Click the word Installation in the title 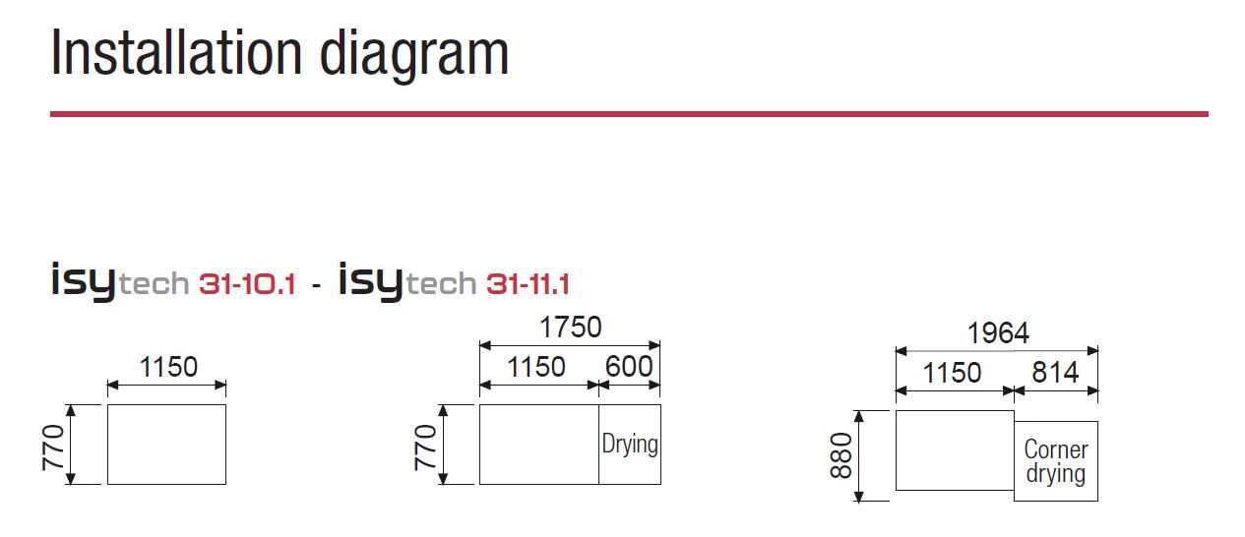click(177, 52)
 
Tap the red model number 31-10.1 click(247, 284)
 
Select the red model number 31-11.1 click(528, 284)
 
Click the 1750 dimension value click(571, 327)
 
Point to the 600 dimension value click(629, 367)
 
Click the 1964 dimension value click(998, 333)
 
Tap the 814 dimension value click(1055, 372)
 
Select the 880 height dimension click(841, 455)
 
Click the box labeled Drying click(630, 445)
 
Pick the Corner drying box click(1056, 461)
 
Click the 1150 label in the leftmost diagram click(168, 367)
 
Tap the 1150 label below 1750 click(536, 367)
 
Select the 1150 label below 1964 click(952, 373)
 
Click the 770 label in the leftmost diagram click(54, 447)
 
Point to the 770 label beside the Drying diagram click(426, 447)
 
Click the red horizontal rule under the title click(629, 114)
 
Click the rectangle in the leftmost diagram click(166, 445)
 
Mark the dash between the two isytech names click(316, 286)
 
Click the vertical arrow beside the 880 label click(859, 456)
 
